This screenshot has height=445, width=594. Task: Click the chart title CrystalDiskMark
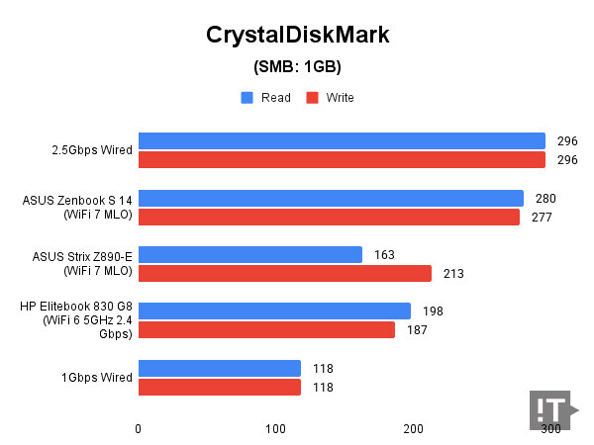pyautogui.click(x=297, y=36)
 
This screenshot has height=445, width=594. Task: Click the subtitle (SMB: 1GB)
pyautogui.click(x=297, y=67)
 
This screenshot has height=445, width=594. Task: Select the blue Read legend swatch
pyautogui.click(x=247, y=98)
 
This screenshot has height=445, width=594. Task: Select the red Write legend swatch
pyautogui.click(x=311, y=98)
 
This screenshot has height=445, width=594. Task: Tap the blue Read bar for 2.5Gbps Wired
pyautogui.click(x=342, y=140)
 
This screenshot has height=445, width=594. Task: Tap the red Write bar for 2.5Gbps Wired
pyautogui.click(x=342, y=159)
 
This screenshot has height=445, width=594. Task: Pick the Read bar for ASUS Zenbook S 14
pyautogui.click(x=331, y=198)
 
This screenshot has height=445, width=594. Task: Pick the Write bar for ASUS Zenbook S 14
pyautogui.click(x=329, y=217)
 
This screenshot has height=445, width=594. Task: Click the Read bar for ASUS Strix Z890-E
pyautogui.click(x=250, y=255)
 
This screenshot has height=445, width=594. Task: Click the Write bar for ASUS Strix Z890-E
pyautogui.click(x=285, y=273)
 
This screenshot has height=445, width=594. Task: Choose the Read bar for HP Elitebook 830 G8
pyautogui.click(x=274, y=311)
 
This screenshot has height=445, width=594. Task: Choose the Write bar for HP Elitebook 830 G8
pyautogui.click(x=266, y=329)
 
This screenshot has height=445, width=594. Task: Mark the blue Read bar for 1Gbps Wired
pyautogui.click(x=220, y=369)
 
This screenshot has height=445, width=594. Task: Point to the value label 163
pyautogui.click(x=384, y=255)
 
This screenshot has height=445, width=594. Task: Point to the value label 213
pyautogui.click(x=453, y=274)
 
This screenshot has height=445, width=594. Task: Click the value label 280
pyautogui.click(x=545, y=199)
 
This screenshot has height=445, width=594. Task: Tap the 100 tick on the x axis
pyautogui.click(x=275, y=428)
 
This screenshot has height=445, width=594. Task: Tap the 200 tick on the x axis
pyautogui.click(x=414, y=428)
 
